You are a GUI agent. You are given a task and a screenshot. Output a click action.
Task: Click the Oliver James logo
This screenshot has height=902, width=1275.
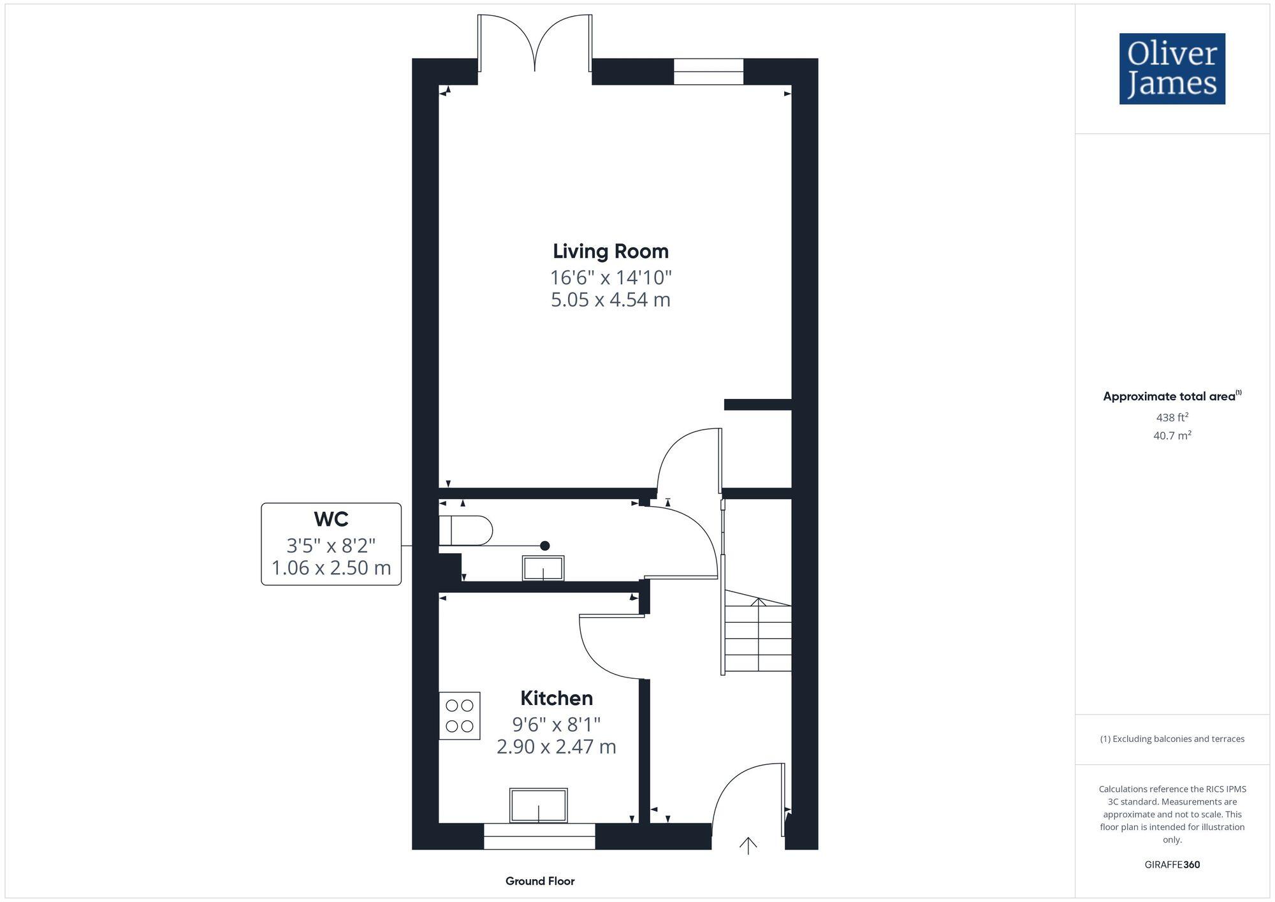click(x=1172, y=69)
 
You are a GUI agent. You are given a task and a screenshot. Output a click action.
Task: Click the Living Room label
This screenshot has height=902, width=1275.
click(x=610, y=251)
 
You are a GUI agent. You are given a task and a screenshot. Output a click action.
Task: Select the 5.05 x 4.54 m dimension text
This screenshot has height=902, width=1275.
click(x=610, y=300)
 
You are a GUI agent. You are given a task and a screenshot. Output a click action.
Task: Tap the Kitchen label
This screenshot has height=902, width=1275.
click(x=556, y=698)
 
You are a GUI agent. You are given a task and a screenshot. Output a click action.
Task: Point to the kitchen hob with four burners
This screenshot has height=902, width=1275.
click(x=459, y=715)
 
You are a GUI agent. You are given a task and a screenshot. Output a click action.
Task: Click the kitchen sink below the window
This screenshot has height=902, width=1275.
click(x=538, y=805)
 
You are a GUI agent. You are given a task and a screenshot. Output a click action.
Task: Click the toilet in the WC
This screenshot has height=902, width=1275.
click(x=465, y=530)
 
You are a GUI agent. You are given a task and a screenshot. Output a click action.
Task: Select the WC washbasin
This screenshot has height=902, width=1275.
click(x=543, y=568)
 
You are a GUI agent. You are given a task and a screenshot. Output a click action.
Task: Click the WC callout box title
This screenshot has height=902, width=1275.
click(x=331, y=519)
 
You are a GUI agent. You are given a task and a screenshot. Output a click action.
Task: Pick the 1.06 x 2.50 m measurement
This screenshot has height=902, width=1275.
click(x=331, y=567)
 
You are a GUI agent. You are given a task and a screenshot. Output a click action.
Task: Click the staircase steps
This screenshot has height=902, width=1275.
click(x=757, y=637)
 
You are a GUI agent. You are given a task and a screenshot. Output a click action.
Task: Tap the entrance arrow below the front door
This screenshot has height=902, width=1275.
click(x=748, y=845)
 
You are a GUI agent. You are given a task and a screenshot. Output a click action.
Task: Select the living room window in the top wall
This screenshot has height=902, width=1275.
click(x=708, y=71)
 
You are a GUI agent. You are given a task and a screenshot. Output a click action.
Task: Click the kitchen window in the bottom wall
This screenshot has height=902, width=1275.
click(x=539, y=836)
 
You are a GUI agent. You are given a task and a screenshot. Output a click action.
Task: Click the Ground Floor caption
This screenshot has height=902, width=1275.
click(x=539, y=881)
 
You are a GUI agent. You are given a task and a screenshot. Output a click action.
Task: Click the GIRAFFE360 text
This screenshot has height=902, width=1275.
click(x=1172, y=864)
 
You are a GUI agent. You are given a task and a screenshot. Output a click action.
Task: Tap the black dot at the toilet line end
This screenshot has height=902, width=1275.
click(x=544, y=546)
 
